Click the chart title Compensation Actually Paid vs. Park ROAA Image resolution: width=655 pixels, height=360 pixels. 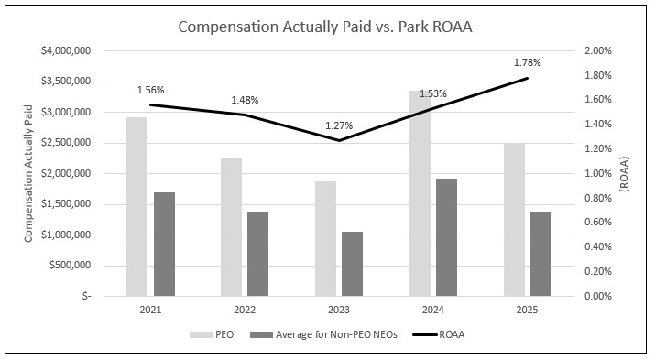coord(327,27)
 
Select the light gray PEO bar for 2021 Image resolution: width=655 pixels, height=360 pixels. coord(136,206)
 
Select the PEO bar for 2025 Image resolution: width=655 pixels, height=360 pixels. coord(514,220)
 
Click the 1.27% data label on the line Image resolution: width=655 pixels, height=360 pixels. coord(339,125)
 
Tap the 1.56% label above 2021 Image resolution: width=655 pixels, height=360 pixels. coord(150,90)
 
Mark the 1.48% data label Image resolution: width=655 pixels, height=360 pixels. coord(245,100)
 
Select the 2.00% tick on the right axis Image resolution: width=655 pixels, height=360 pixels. coord(600,50)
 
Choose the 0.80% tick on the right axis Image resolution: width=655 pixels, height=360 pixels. coord(600,198)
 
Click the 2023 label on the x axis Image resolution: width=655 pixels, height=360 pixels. coord(339,311)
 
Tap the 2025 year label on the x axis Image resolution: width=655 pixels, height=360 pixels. coord(527,311)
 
